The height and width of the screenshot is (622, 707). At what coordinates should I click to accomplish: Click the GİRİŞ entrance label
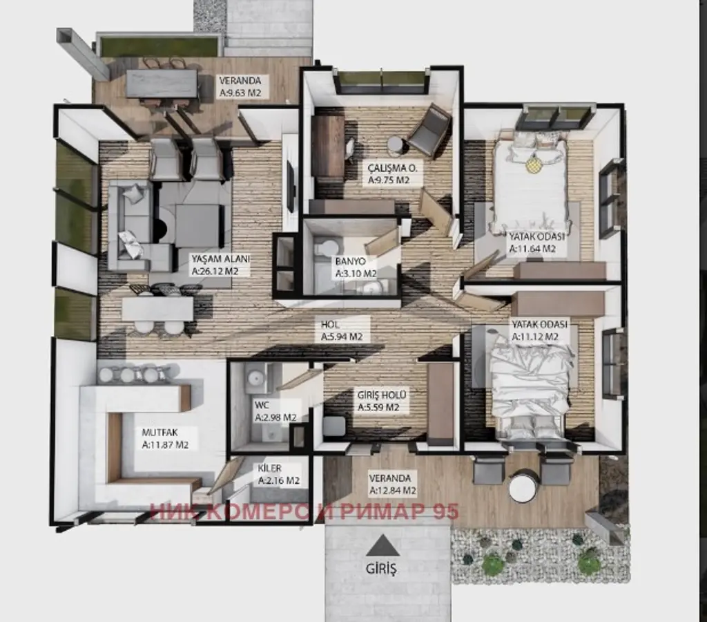(381, 568)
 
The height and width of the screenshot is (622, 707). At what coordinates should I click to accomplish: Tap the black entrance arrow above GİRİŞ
(382, 546)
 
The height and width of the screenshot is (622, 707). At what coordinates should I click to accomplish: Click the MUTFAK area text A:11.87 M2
(165, 444)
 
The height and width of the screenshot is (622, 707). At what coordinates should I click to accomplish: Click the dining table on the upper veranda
(162, 83)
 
